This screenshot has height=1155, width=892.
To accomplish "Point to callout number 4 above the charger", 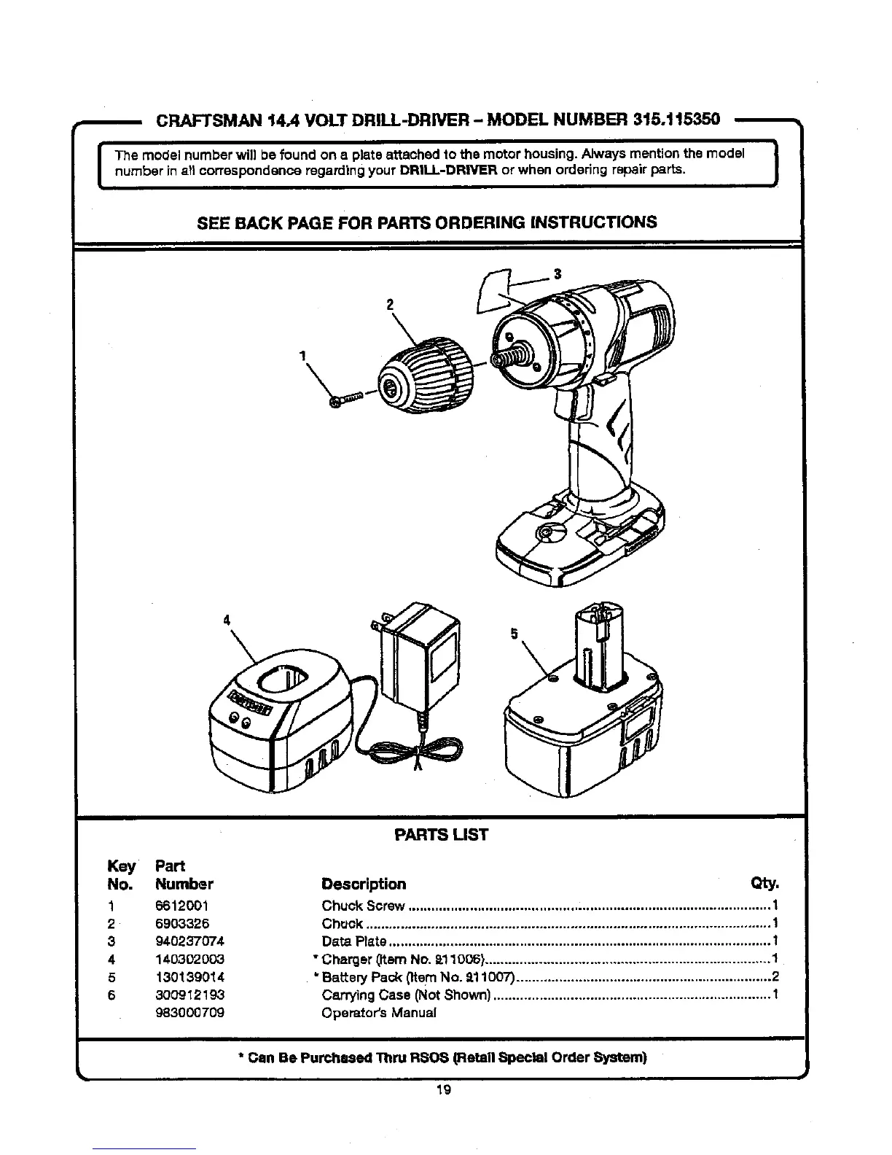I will (227, 620).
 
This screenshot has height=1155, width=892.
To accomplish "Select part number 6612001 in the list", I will (182, 906).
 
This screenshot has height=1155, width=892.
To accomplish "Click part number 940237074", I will (189, 941).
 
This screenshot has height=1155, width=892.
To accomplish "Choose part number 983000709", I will (189, 1013).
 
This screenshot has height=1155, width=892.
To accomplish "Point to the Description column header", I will (364, 884).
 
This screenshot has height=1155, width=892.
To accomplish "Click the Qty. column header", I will (764, 884).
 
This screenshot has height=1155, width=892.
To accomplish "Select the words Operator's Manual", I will (379, 1013).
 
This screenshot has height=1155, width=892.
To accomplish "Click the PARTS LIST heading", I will (440, 835).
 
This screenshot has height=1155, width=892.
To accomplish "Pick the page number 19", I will (443, 1090).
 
